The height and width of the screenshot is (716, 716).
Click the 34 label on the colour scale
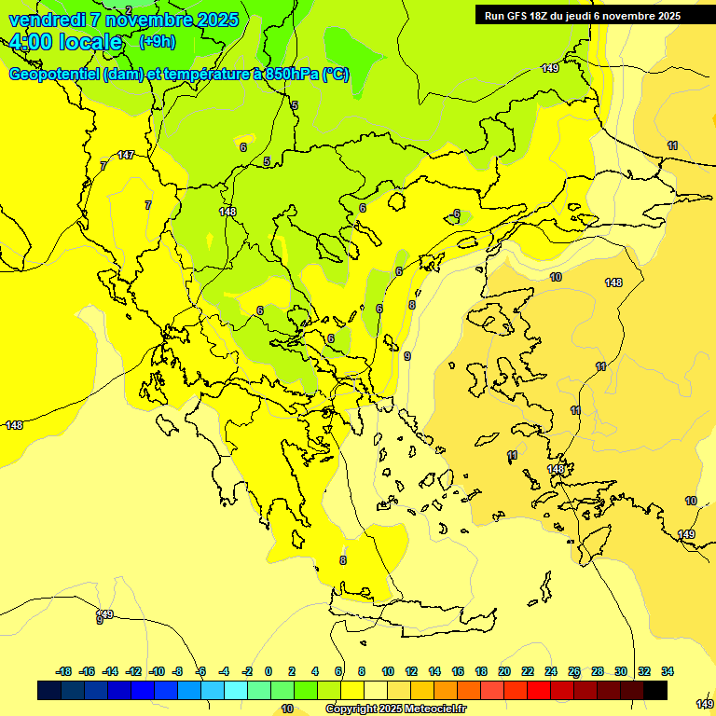tap(667, 671)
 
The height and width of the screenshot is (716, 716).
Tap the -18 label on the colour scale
tap(63, 671)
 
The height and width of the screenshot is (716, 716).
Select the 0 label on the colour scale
tap(268, 671)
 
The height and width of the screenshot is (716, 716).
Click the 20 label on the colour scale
tap(504, 671)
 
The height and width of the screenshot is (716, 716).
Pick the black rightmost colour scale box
tap(655, 690)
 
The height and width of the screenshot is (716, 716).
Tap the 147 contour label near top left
tap(126, 156)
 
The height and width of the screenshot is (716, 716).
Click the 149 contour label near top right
tap(550, 68)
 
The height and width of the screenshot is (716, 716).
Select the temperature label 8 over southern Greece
tap(343, 560)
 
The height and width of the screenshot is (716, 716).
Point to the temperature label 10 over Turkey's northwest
tap(556, 277)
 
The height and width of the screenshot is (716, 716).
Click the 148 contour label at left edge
tap(14, 425)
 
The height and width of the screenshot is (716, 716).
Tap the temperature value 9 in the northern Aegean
tap(407, 356)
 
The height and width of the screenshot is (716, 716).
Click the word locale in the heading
tap(89, 42)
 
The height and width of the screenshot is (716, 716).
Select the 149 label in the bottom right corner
tap(705, 703)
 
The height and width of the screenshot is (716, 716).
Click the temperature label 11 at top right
tap(672, 146)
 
